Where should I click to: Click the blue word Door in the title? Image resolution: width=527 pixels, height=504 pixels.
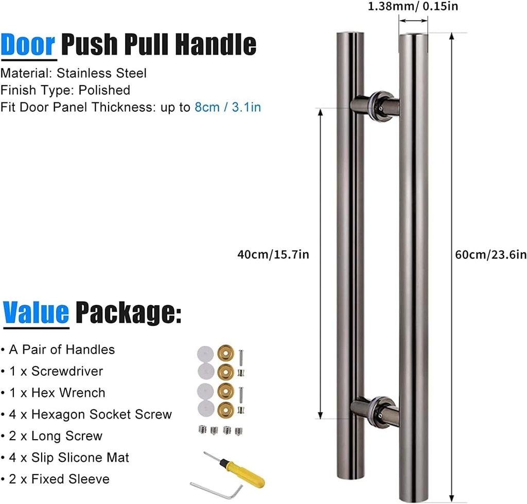[28, 45]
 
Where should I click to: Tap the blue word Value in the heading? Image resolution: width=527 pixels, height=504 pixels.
[36, 312]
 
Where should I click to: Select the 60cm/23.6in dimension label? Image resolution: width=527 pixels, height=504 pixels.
[491, 254]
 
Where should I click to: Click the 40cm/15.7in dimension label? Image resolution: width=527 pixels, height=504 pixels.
[273, 254]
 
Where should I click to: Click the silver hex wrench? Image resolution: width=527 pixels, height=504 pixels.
[216, 488]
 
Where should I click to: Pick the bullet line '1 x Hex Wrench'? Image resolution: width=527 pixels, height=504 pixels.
[54, 393]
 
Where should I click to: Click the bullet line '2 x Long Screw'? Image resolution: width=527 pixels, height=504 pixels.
[52, 436]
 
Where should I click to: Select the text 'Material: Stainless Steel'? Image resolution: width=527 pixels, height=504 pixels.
[74, 73]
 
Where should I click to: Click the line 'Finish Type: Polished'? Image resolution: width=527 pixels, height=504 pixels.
[65, 91]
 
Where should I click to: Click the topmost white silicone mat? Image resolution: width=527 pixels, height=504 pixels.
[204, 354]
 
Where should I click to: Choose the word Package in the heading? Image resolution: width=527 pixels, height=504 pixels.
[128, 312]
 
